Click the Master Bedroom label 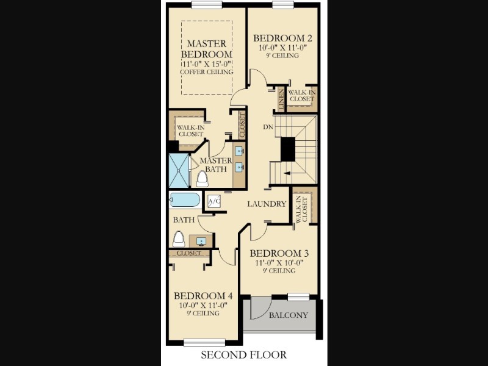point(207,49)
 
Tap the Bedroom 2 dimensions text point(282,48)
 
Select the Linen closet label point(281,99)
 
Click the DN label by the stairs point(268,127)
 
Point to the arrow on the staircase point(288,173)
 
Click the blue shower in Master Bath point(179,171)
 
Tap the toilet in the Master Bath point(203,179)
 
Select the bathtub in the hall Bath point(185,200)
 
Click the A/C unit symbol point(214,201)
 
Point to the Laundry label point(267,204)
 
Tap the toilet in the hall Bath point(179,239)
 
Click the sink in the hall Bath point(201,241)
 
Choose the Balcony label point(288,315)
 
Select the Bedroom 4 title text point(203,296)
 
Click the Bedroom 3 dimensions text point(279,263)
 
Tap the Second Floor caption point(243,355)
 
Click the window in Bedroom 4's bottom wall point(204,342)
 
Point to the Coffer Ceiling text point(207,72)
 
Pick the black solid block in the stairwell point(288,149)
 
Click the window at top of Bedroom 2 point(283,4)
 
